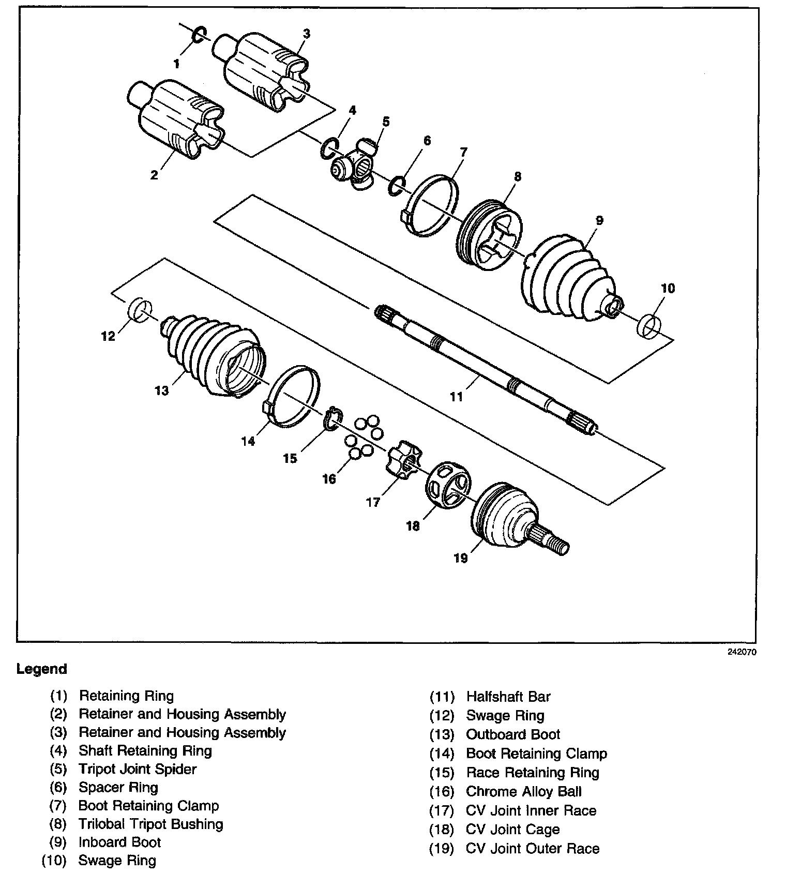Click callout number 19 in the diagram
point(460,558)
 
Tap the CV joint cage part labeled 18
point(448,485)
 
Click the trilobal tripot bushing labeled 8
point(490,236)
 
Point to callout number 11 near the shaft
point(456,397)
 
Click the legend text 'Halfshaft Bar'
point(508,697)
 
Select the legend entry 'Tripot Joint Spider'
point(137,769)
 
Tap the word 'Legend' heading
point(42,669)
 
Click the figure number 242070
point(742,653)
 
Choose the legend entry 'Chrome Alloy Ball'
point(523,792)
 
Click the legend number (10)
point(54,861)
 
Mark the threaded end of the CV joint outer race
point(560,547)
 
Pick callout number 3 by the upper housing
point(306,34)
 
